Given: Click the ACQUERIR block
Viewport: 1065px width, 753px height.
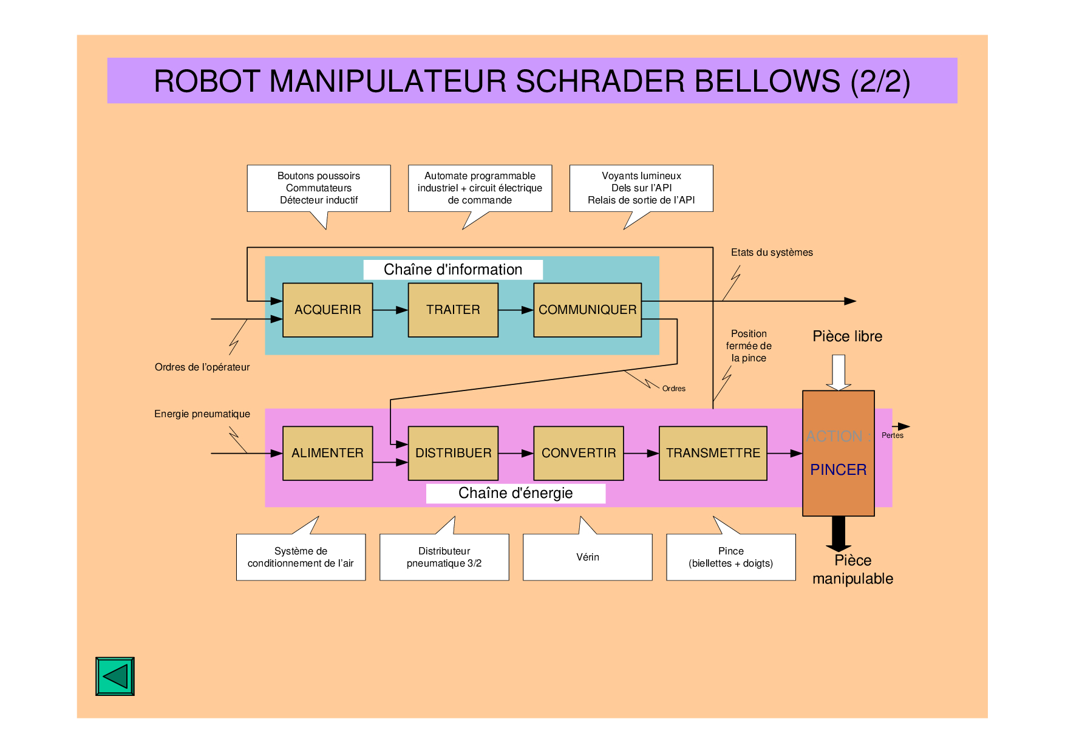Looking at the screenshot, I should coord(327,310).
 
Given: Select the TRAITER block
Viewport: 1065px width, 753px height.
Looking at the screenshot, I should coord(453,310).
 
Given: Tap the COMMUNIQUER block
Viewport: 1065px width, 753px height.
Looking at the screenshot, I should coord(587,310).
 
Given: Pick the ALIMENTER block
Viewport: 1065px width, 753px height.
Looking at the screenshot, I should coord(327,453).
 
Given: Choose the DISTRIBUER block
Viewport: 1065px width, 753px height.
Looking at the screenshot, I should coord(453,453).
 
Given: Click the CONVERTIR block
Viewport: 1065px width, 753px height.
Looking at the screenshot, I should coord(578,453).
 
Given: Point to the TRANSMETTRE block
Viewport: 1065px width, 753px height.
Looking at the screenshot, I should coord(713,453).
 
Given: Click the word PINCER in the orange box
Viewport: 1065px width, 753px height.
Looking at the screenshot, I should coord(838,470).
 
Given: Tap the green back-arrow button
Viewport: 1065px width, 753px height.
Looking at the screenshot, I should coord(115,676).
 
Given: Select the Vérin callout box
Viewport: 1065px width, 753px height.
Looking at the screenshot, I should coord(587,557).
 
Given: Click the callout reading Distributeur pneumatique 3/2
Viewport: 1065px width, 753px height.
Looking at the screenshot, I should coord(444,557).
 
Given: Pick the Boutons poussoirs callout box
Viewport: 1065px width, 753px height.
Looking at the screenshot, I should coord(318,188).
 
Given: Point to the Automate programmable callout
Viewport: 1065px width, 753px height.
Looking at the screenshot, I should coord(480,188).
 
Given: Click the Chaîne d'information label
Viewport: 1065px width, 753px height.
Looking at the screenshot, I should coord(453,270).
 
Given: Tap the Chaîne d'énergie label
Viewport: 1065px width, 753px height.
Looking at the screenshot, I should coord(515,493).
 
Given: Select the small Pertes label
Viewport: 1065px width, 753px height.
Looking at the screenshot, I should coord(892,435).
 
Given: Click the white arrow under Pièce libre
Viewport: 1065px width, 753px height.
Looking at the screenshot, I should coord(839,372).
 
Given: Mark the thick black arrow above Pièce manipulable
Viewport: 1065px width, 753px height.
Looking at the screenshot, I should coord(839,533).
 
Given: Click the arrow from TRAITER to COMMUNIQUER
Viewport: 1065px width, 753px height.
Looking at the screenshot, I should coord(515,310).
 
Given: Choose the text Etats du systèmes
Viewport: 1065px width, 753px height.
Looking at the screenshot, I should coord(771,253).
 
